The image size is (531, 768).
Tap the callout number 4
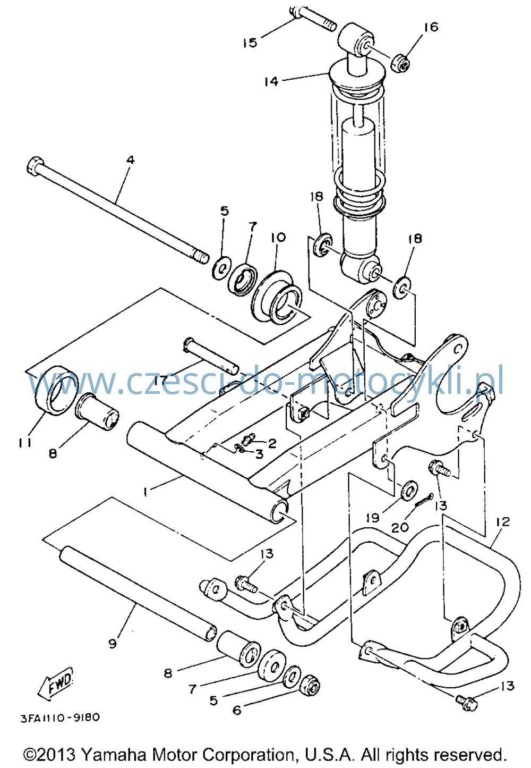(x=131, y=160)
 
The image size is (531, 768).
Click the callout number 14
(x=271, y=81)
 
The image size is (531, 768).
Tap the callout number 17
(x=160, y=381)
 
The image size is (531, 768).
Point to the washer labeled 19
(x=409, y=491)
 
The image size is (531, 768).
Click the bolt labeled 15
(x=312, y=18)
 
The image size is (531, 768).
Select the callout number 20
(x=400, y=527)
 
